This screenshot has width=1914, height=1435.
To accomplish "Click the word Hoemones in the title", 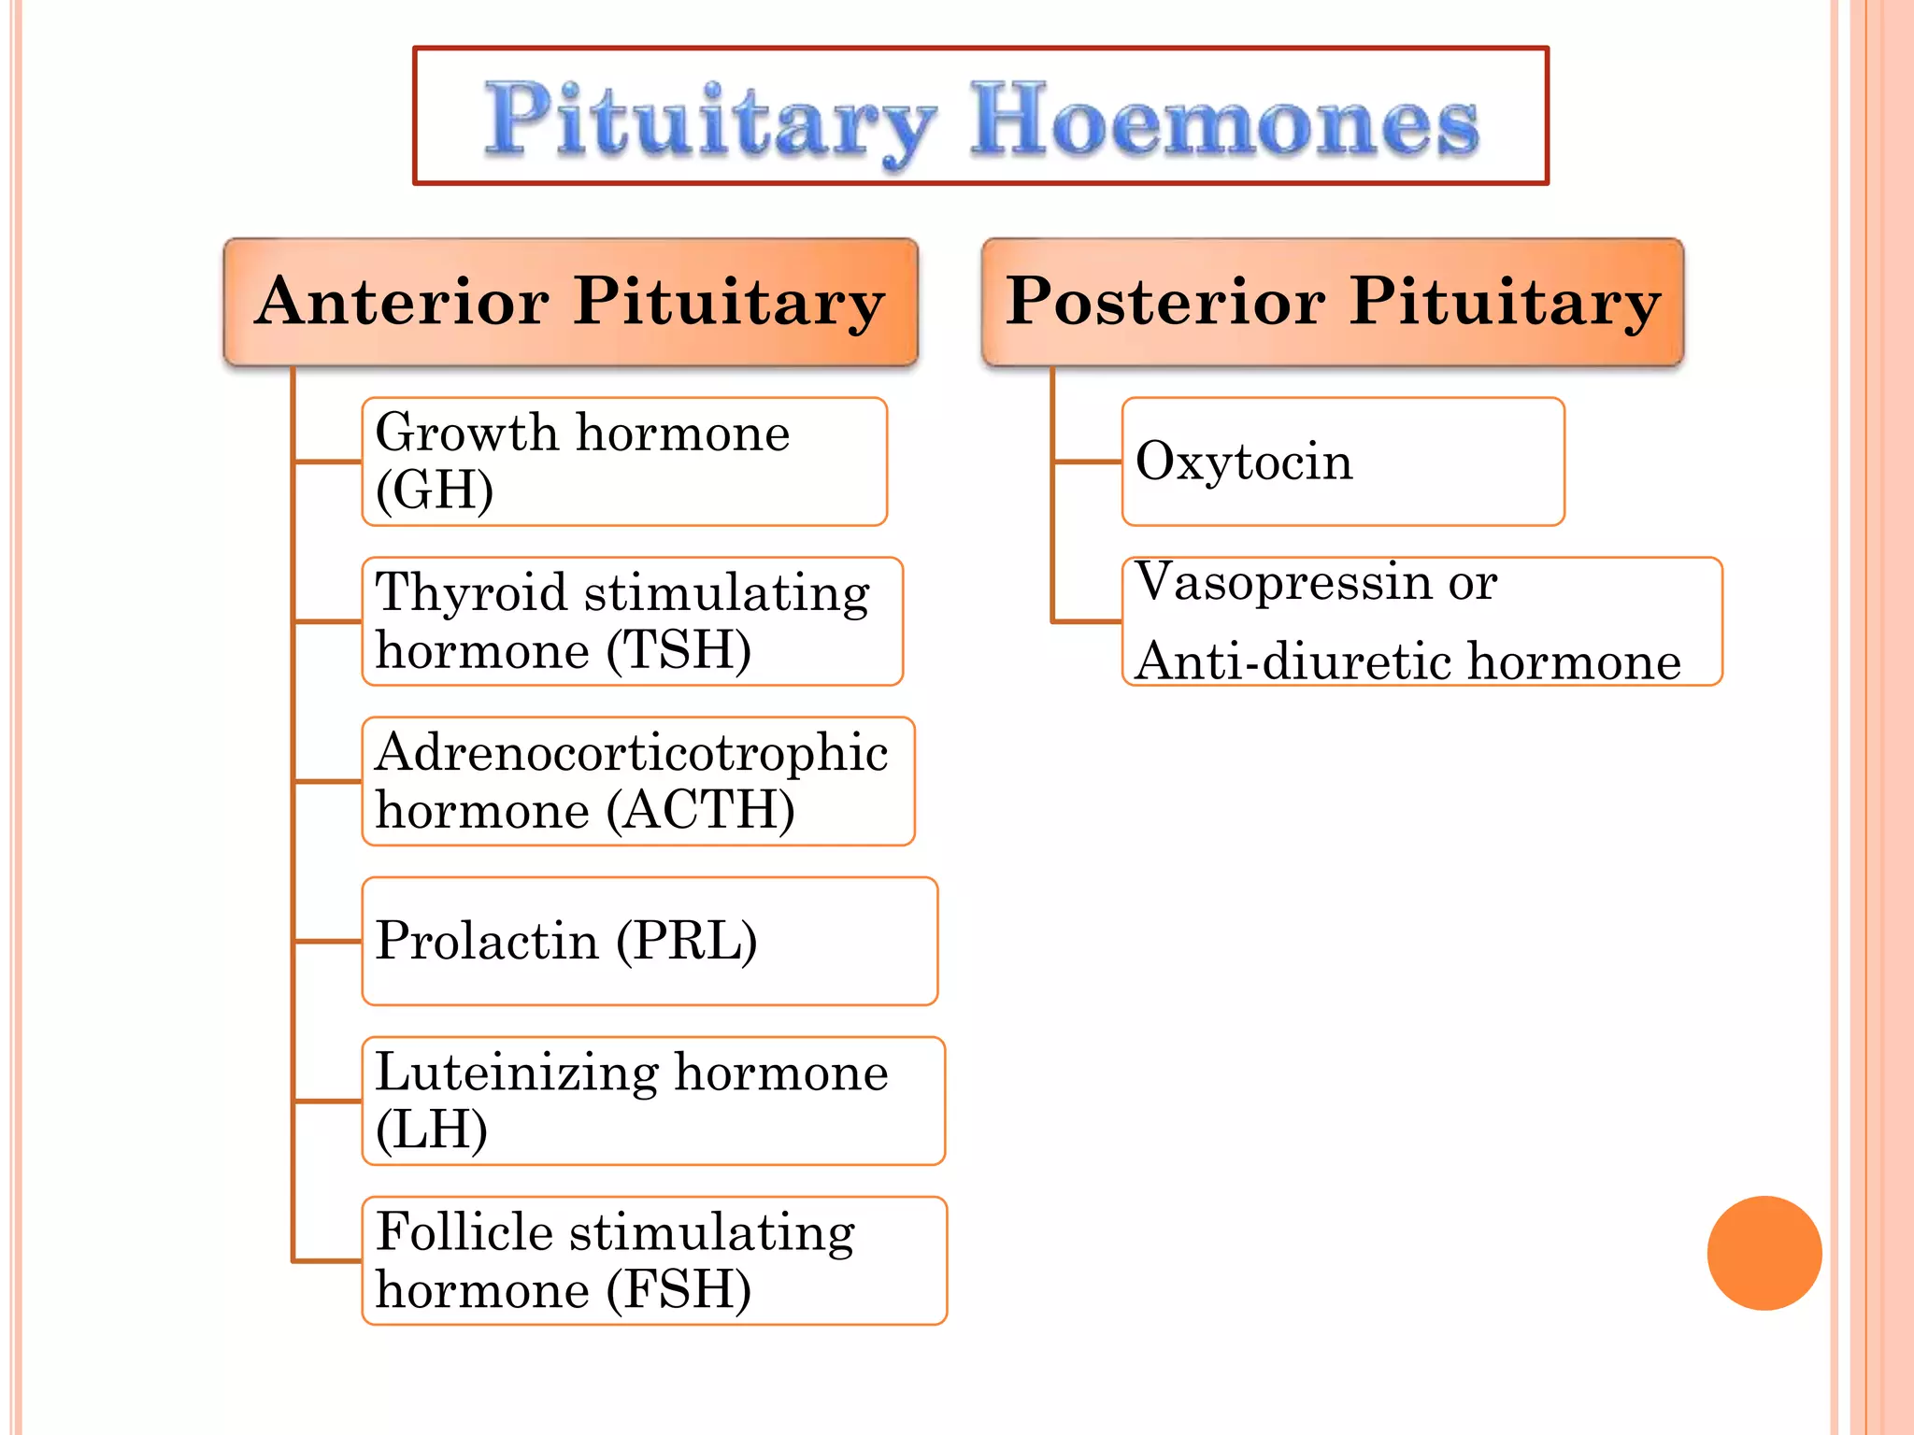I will pyautogui.click(x=1224, y=121).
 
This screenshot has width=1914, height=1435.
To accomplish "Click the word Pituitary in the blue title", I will pyautogui.click(x=710, y=121).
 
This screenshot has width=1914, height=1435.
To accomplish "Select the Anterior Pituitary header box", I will pyautogui.click(x=570, y=302).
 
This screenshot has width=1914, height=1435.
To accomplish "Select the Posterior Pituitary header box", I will pyautogui.click(x=1333, y=302).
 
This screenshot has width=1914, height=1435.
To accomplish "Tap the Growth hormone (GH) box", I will pyautogui.click(x=624, y=462).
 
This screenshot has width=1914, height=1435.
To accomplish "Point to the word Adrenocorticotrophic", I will pyautogui.click(x=632, y=753).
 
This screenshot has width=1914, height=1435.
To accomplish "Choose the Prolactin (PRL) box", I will pyautogui.click(x=650, y=941).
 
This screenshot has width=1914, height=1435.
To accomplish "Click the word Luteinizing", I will pyautogui.click(x=517, y=1073).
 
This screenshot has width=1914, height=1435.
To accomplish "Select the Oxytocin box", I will pyautogui.click(x=1343, y=462).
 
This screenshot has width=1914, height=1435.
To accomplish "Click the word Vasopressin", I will pyautogui.click(x=1283, y=583).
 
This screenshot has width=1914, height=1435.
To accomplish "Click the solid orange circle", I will pyautogui.click(x=1764, y=1253).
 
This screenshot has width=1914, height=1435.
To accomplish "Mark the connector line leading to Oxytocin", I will pyautogui.click(x=1087, y=462).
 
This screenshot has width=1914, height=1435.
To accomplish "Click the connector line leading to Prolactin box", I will pyautogui.click(x=328, y=941).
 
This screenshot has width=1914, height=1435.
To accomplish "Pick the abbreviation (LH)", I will pyautogui.click(x=432, y=1130).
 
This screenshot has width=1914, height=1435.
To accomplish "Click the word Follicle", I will pyautogui.click(x=464, y=1232).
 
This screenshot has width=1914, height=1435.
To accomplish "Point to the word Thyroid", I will pyautogui.click(x=471, y=593).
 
